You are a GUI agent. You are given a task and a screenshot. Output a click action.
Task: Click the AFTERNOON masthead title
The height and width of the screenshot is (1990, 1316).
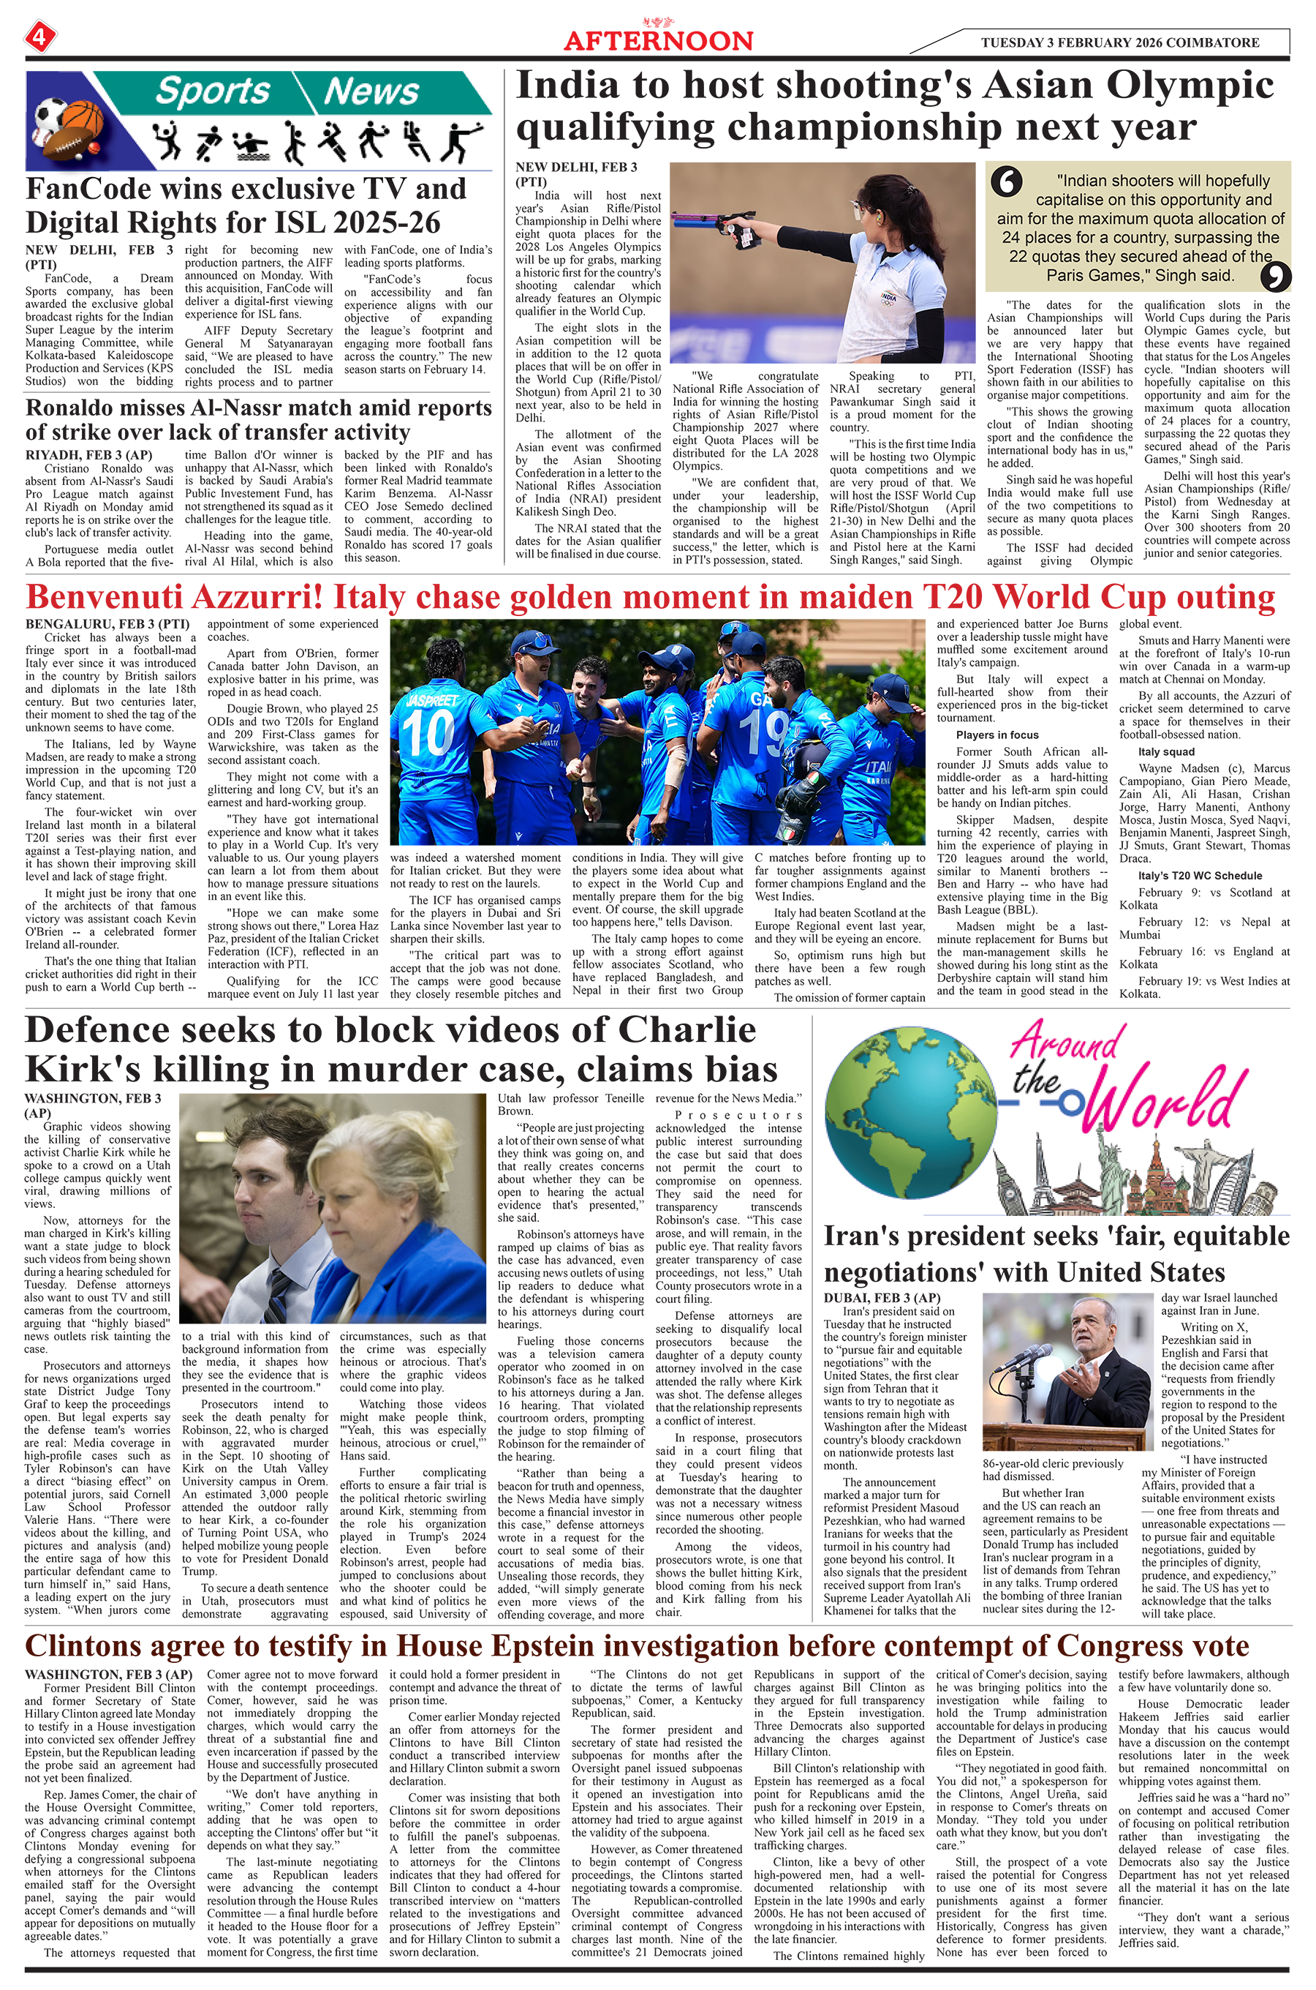click(x=658, y=41)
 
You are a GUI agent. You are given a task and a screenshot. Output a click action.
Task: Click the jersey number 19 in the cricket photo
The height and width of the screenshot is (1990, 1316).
click(x=768, y=733)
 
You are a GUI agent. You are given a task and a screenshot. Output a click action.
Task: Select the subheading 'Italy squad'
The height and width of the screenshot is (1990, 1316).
click(x=1167, y=751)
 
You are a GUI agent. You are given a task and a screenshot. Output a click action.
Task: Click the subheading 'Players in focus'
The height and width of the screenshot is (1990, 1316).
click(x=997, y=735)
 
